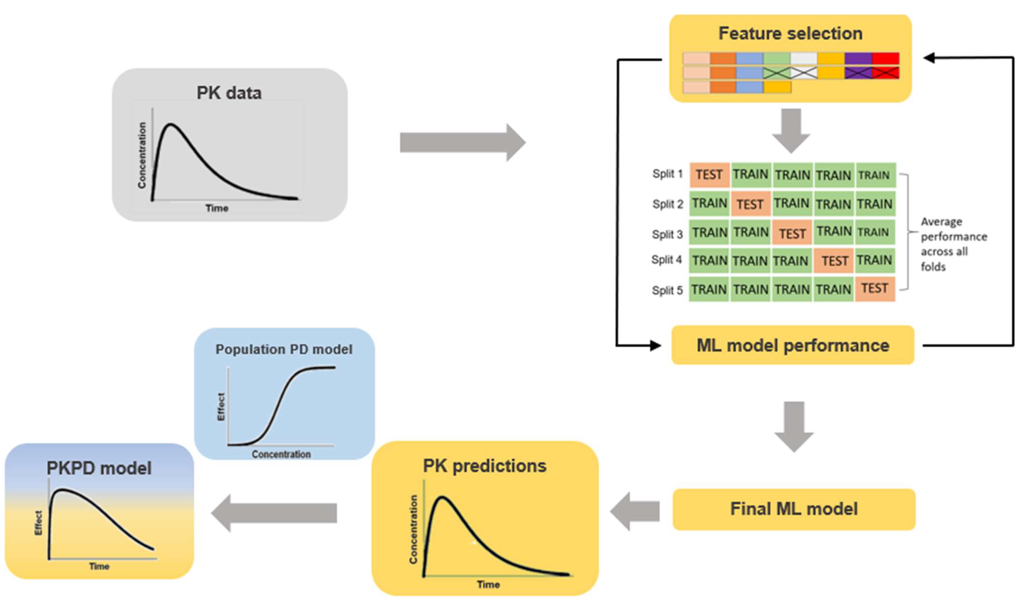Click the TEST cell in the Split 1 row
tap(709, 175)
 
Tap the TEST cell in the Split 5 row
tap(875, 289)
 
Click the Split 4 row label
tap(666, 260)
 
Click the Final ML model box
tap(794, 509)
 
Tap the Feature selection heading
tap(791, 33)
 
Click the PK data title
tap(229, 93)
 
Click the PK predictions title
tap(485, 466)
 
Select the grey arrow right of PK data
tap(462, 143)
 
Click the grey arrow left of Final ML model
tap(635, 511)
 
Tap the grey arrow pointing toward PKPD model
tap(274, 513)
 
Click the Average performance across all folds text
tap(953, 244)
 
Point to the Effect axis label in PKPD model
tap(38, 523)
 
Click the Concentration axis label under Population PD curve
tap(281, 454)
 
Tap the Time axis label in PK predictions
tap(488, 584)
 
